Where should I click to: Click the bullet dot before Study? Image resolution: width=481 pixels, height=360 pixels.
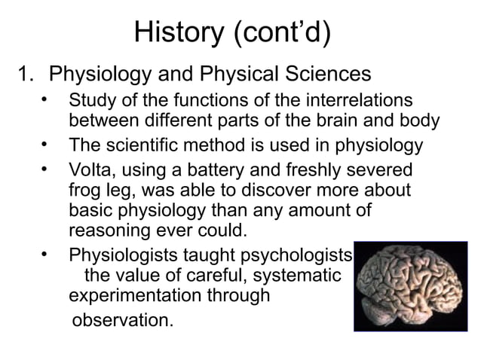click(x=46, y=99)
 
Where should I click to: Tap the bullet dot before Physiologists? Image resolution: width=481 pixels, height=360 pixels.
click(x=46, y=253)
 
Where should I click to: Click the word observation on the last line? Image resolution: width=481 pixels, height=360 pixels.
click(x=121, y=322)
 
